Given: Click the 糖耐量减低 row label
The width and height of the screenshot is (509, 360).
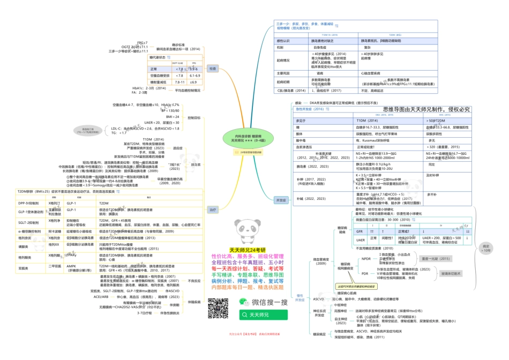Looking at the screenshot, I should [x=159, y=82].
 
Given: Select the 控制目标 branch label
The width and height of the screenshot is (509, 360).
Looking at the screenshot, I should [x=194, y=117].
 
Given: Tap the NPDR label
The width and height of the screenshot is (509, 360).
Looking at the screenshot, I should [x=366, y=259].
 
